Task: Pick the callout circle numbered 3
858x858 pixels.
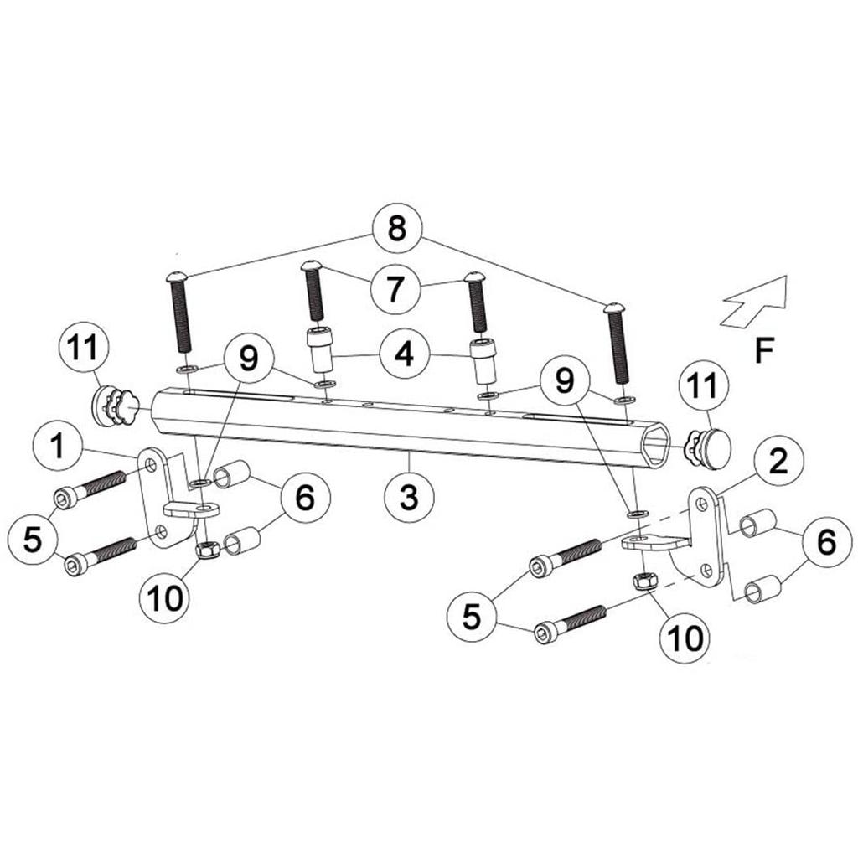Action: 409,497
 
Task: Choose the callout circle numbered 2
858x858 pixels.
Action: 778,461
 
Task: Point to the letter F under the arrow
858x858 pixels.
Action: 762,351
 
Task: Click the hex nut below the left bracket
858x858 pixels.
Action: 206,550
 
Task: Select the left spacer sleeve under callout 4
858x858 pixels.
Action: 320,353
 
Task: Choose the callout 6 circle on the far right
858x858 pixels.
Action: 826,543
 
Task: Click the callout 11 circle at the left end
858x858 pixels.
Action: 82,349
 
